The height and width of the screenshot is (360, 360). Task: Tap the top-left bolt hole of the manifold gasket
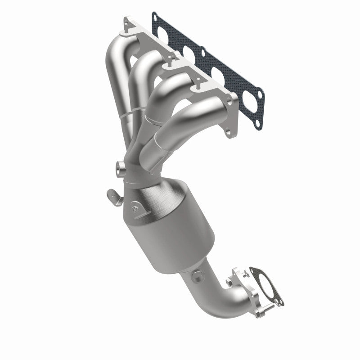point(157,18)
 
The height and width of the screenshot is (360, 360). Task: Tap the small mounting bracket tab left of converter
point(112,194)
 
